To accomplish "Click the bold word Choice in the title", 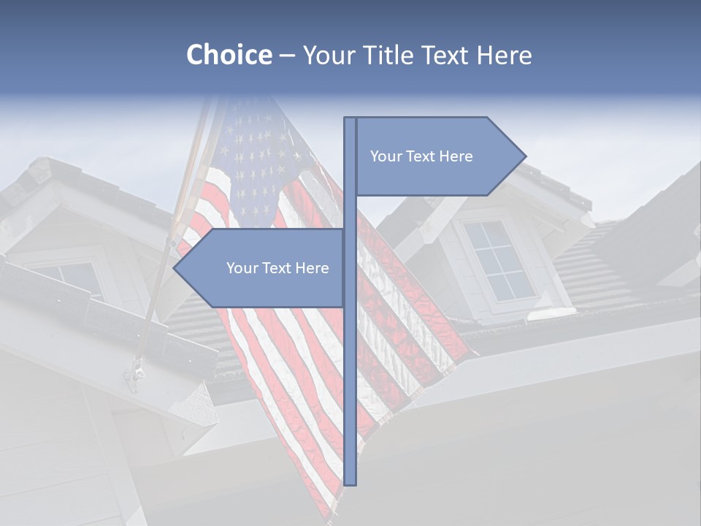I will (229, 55).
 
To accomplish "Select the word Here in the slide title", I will (504, 55).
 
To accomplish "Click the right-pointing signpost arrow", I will (438, 156).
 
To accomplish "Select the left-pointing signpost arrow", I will (263, 268).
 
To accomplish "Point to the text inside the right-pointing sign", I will (421, 156).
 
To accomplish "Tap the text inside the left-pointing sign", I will (277, 268).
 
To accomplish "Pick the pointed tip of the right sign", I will (524, 156).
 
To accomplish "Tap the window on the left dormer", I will (73, 278).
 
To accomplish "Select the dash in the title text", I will (287, 55).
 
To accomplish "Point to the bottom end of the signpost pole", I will (350, 483).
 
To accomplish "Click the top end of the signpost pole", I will (350, 119).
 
